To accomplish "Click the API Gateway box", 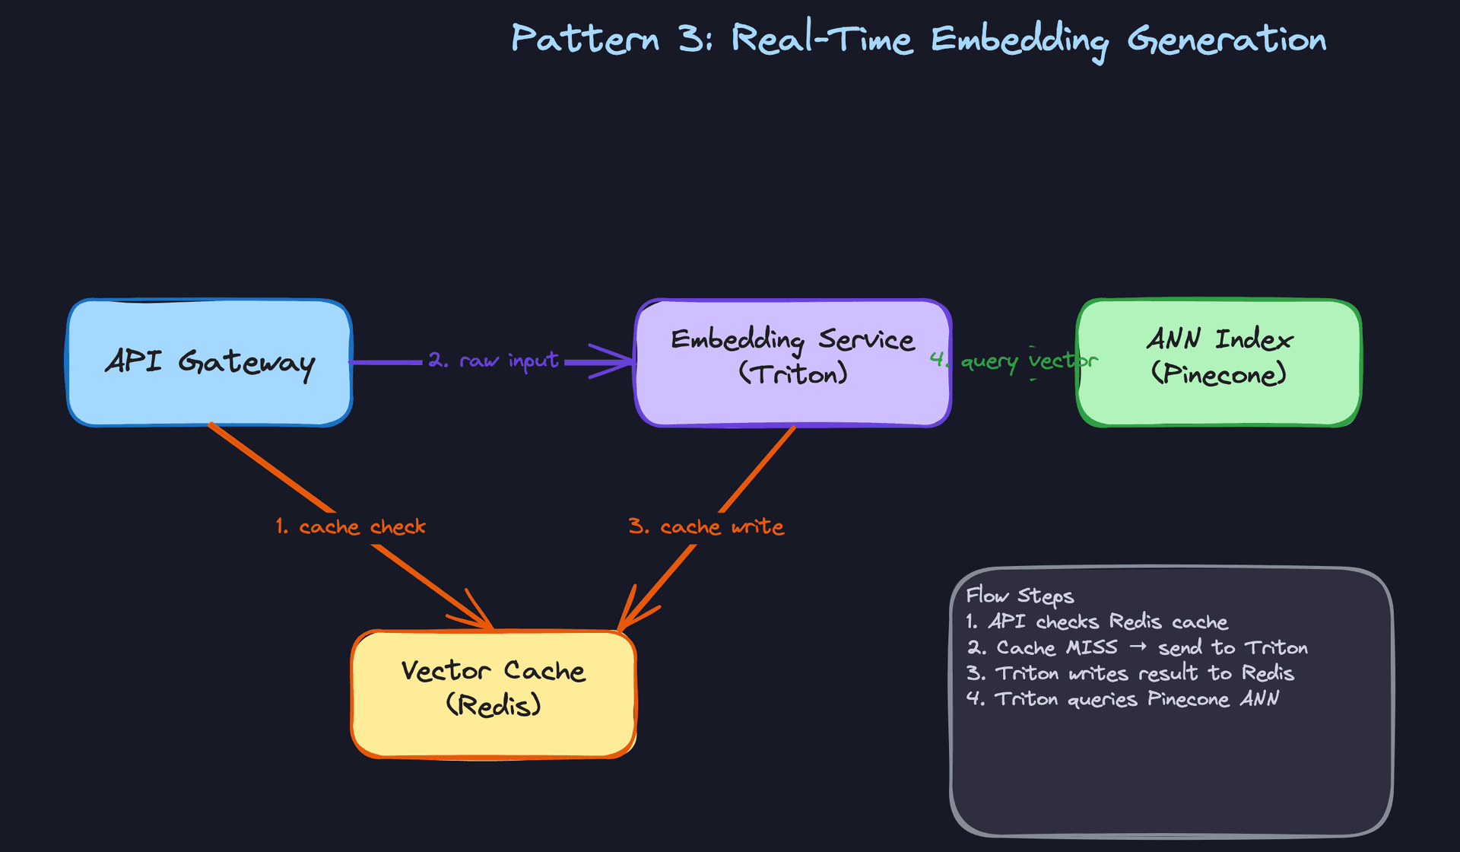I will click(209, 362).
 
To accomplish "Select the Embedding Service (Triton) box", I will click(793, 362).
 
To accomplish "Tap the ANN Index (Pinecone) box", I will click(1219, 362).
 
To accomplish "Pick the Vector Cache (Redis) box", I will click(493, 693).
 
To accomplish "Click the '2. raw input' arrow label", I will click(493, 360).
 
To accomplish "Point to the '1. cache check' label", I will click(351, 526).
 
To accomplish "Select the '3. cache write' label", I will click(706, 526).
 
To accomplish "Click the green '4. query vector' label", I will click(1014, 361).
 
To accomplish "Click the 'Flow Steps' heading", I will click(1020, 596).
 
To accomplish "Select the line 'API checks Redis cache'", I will click(1107, 622).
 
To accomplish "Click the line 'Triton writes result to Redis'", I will click(1144, 673).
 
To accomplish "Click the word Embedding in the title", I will click(1019, 40).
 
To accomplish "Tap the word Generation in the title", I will click(1227, 40).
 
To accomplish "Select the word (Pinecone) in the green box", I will click(1218, 374).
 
